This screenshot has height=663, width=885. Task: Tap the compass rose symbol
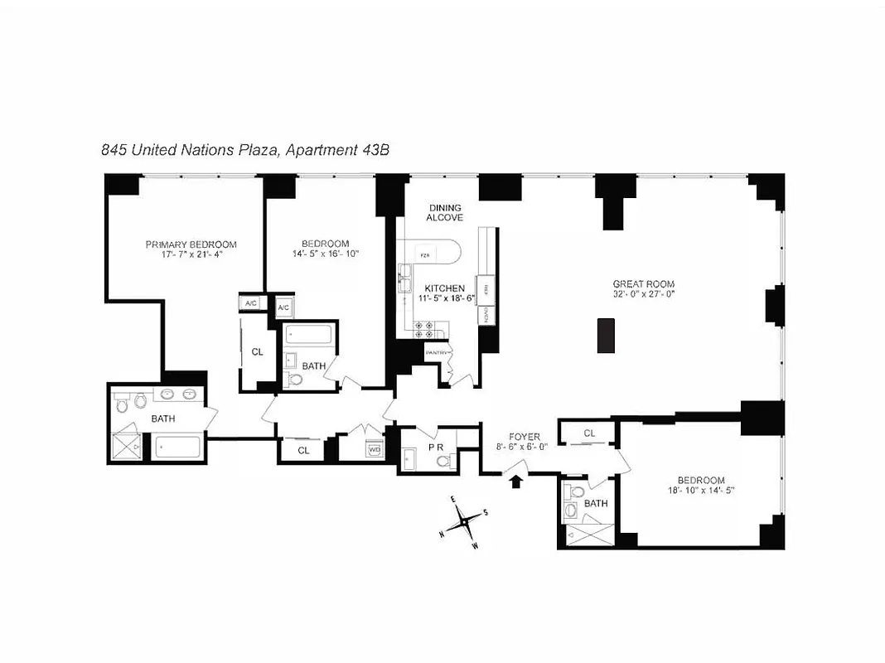coord(467,523)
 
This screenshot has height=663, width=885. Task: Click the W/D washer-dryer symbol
coord(374,450)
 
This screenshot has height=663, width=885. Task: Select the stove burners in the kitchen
coord(419,328)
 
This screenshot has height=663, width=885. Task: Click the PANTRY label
coord(436,353)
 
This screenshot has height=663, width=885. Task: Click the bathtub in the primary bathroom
coord(178,448)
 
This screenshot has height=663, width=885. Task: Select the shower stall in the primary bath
coord(127,448)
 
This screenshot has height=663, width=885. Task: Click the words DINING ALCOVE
coord(444,212)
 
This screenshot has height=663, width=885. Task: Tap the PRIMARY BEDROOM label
coord(191,244)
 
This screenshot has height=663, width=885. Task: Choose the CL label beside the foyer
coord(589,433)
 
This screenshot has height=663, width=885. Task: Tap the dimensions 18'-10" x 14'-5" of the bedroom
coord(701,491)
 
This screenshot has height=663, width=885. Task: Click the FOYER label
coord(524,437)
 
